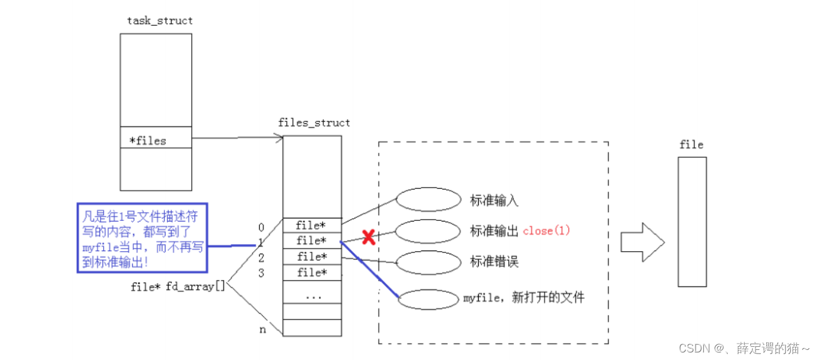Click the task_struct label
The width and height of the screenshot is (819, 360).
(160, 21)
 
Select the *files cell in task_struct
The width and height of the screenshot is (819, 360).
(156, 140)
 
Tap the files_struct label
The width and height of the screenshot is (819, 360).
(314, 123)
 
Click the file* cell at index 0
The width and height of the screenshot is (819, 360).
(312, 225)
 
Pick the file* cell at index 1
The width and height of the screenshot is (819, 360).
(312, 240)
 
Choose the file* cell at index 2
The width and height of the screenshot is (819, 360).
(312, 256)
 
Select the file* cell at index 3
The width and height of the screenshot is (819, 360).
(312, 273)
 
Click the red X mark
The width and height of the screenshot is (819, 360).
(369, 237)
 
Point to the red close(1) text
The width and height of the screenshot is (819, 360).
(547, 230)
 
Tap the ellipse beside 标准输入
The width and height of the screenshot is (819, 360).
(429, 200)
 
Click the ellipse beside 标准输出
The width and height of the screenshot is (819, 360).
(429, 231)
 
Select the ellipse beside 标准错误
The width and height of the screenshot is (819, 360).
(429, 262)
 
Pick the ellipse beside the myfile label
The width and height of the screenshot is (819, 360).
(429, 300)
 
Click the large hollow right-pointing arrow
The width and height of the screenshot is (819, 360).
(642, 242)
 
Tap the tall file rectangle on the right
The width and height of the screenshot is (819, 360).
(692, 222)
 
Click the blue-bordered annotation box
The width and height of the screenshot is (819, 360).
(143, 237)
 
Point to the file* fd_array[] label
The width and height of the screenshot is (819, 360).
(177, 287)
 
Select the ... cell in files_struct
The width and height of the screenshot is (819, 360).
(312, 295)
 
